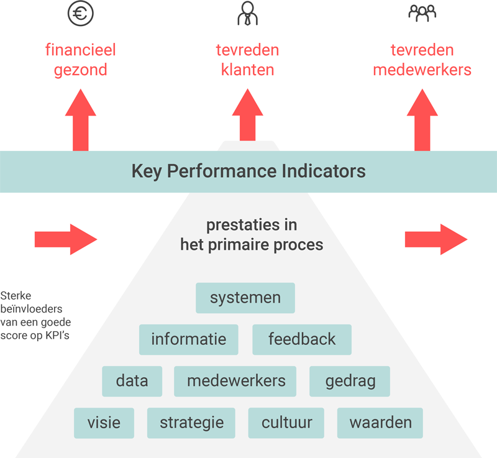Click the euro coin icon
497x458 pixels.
click(x=81, y=13)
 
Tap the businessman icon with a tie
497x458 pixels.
click(x=247, y=13)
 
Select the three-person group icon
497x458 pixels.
click(x=422, y=13)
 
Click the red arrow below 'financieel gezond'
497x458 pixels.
click(x=81, y=120)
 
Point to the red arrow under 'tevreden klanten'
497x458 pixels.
click(x=247, y=115)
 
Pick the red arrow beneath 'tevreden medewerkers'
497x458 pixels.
click(x=422, y=120)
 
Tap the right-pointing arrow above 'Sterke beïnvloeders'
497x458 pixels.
click(x=66, y=239)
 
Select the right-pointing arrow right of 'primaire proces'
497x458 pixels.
click(x=436, y=239)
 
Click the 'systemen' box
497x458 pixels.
click(x=245, y=298)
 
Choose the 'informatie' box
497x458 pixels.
click(x=189, y=339)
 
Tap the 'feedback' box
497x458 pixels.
click(x=302, y=339)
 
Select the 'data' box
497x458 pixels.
click(x=132, y=382)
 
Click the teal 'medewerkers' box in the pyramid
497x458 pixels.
click(x=235, y=382)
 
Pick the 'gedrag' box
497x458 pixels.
click(x=350, y=382)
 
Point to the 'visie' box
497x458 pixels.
click(x=104, y=423)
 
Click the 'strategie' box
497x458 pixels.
click(x=191, y=423)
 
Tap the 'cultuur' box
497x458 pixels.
click(x=286, y=423)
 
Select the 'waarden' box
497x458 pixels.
click(x=380, y=423)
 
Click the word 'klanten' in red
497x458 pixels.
click(x=247, y=70)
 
